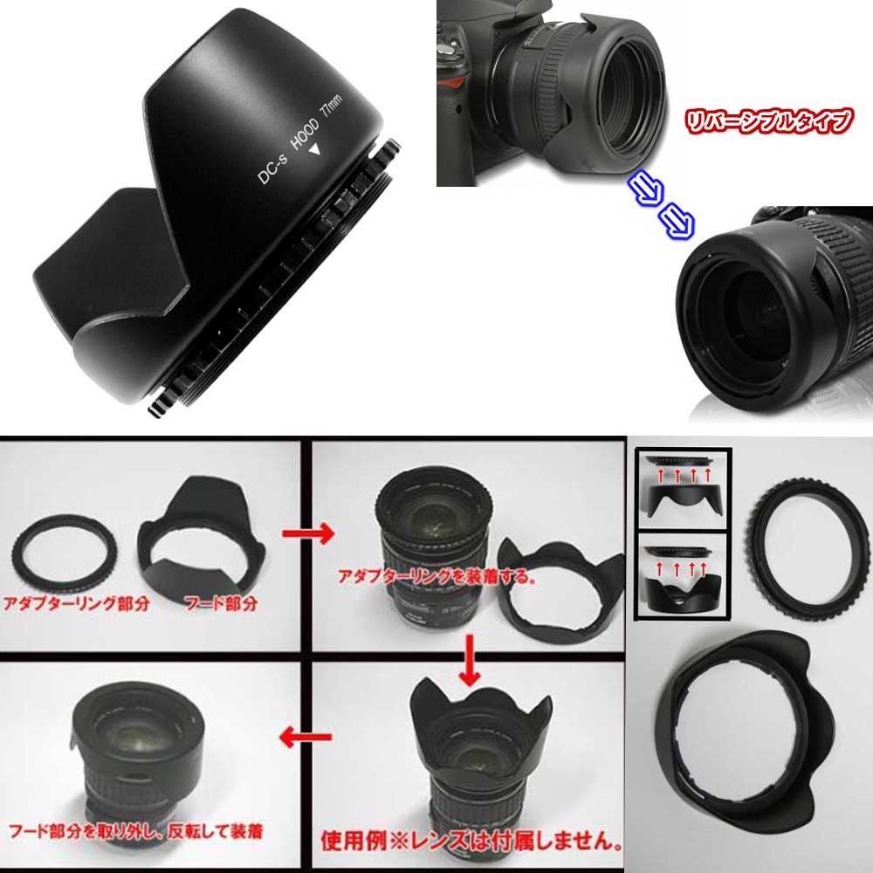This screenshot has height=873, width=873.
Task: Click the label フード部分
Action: tap(214, 602)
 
